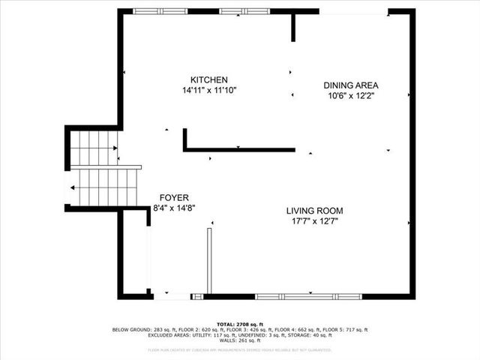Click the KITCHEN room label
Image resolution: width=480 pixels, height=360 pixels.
(x=208, y=80)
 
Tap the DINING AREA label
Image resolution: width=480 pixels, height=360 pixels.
(x=350, y=85)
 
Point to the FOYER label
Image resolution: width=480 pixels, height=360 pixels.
(x=169, y=197)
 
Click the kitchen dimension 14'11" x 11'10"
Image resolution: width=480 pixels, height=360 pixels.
(x=208, y=91)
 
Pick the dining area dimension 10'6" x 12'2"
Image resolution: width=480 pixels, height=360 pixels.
(x=350, y=96)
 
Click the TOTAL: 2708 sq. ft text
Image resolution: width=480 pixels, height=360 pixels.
(x=240, y=324)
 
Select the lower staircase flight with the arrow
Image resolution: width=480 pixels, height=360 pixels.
(x=105, y=187)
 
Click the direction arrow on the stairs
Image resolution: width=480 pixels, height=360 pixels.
(x=72, y=187)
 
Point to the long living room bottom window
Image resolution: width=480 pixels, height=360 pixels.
(x=308, y=296)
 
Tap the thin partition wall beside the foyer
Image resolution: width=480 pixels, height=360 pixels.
(x=210, y=261)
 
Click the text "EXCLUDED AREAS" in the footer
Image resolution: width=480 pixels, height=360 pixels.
(x=170, y=335)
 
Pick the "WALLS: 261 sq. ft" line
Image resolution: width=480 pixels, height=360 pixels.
(x=240, y=341)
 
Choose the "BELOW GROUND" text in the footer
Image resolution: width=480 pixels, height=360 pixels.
(x=130, y=330)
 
